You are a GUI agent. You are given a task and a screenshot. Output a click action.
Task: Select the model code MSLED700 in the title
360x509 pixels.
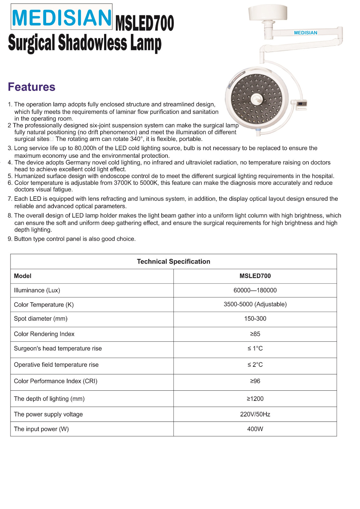(x=145, y=23)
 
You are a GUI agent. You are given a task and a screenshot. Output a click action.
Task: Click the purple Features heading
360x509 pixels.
(x=32, y=87)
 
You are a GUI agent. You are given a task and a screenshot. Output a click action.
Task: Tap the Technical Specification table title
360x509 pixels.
(x=173, y=261)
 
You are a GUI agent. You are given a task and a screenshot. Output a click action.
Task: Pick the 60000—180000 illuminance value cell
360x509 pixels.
(x=255, y=290)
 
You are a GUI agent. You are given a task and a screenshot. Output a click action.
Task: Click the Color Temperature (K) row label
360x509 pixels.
(x=44, y=304)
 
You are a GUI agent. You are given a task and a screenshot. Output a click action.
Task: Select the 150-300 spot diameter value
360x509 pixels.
(x=255, y=318)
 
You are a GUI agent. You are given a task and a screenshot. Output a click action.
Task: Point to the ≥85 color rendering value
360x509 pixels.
(x=255, y=334)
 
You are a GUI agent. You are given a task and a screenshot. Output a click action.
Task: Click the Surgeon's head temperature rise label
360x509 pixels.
(x=58, y=348)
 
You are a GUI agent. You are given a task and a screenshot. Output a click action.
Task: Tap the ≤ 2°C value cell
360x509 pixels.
(x=255, y=365)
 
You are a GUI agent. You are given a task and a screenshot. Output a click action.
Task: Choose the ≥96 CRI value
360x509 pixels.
(x=255, y=381)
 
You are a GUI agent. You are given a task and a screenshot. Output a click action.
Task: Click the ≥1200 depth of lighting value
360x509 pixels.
(x=255, y=399)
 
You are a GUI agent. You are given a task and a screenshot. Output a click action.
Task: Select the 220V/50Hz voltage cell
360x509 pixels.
(x=255, y=414)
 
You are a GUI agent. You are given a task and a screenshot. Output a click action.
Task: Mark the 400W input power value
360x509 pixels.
(x=255, y=429)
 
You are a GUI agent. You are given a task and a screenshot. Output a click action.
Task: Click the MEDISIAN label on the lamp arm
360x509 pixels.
(x=306, y=33)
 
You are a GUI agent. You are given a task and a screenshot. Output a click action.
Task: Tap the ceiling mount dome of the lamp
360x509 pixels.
(x=268, y=13)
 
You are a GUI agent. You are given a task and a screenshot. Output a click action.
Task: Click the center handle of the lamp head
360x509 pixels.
(x=257, y=99)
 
